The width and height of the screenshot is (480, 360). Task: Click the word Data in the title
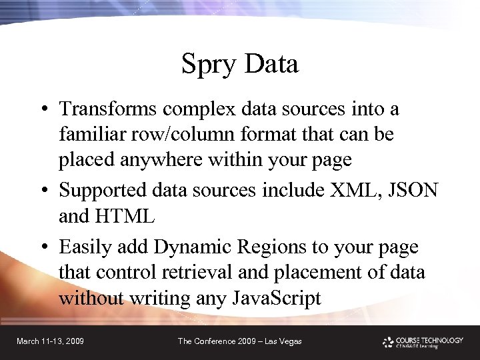click(271, 64)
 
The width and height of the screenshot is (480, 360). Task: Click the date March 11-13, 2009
click(50, 341)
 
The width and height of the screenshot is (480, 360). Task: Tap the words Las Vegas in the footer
click(283, 341)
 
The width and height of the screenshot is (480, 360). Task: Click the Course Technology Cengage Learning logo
click(423, 341)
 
